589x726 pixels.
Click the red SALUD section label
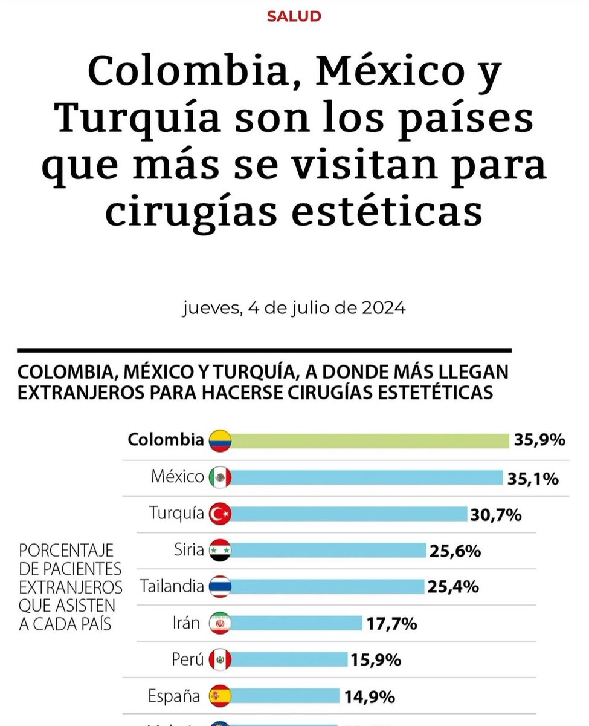pos(294,16)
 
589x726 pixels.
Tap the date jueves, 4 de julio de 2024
pos(294,309)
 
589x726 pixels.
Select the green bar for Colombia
pos(370,441)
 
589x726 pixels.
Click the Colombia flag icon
pos(220,441)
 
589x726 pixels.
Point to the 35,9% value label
pos(539,440)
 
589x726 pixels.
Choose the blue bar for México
pos(366,478)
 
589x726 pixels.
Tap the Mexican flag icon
pos(220,478)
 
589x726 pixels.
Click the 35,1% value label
pos(533,479)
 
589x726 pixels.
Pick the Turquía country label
pos(176,514)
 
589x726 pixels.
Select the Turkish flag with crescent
pos(220,514)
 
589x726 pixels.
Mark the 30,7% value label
pos(495,515)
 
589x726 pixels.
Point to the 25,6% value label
pos(455,551)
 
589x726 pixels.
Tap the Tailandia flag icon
pos(220,587)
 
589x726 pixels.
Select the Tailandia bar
pos(327,587)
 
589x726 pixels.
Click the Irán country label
pos(186,623)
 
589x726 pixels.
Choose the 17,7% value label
pos(391,624)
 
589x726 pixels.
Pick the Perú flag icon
pos(220,659)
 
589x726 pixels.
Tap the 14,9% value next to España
pos(370,696)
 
